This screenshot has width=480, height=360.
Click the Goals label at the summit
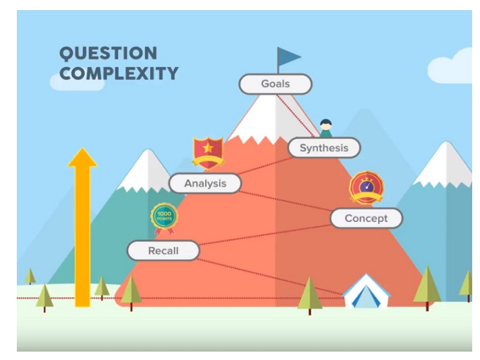275,84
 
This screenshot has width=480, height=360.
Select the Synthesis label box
324,148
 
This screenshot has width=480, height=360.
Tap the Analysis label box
205,184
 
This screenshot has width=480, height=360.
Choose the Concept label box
366,218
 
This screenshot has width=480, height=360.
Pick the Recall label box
163,251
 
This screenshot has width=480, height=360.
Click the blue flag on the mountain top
289,57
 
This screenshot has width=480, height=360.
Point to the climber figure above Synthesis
326,128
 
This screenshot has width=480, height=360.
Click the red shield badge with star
208,153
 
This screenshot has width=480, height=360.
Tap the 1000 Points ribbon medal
164,218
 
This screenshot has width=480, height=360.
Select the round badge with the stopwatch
367,187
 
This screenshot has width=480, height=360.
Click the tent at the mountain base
366,290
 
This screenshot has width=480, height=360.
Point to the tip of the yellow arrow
82,148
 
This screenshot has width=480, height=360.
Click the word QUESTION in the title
109,53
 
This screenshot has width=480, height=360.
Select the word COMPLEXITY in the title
119,73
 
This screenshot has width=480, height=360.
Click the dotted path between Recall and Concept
265,235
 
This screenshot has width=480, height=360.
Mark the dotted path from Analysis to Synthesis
265,166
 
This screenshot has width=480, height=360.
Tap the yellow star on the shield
208,148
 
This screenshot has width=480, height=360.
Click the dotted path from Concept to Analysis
286,201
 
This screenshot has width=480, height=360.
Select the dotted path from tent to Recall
270,277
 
